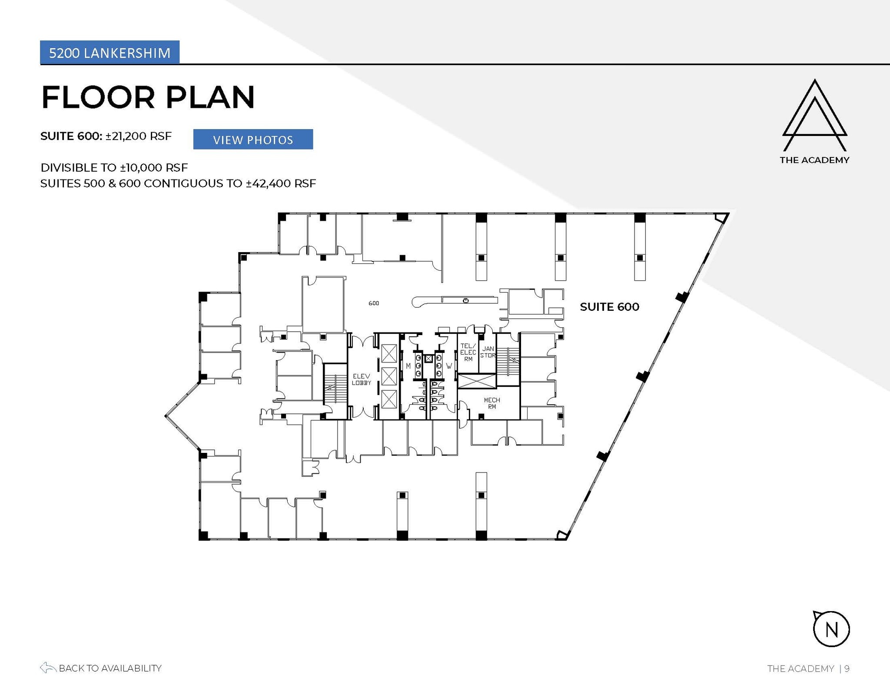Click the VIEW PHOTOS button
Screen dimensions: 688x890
coord(253,140)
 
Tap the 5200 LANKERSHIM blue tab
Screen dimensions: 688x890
coord(110,53)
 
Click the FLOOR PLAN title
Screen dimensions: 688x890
coord(148,97)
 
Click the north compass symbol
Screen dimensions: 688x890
coord(831,629)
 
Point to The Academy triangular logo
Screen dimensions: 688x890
coord(814,115)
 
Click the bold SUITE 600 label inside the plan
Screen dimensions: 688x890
coord(609,307)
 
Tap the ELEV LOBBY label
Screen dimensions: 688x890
coord(361,379)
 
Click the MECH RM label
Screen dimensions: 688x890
coord(491,403)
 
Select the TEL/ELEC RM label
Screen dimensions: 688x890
coord(468,352)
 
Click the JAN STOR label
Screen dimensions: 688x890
coord(488,352)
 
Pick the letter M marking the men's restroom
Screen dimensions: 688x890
coord(408,366)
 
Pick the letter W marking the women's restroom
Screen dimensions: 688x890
coord(449,366)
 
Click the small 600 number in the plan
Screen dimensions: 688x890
coord(374,303)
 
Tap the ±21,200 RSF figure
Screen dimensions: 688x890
coord(138,136)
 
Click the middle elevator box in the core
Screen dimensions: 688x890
coord(389,376)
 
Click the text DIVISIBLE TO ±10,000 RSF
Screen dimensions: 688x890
coord(114,168)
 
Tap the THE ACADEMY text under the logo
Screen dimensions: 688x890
coord(814,160)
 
